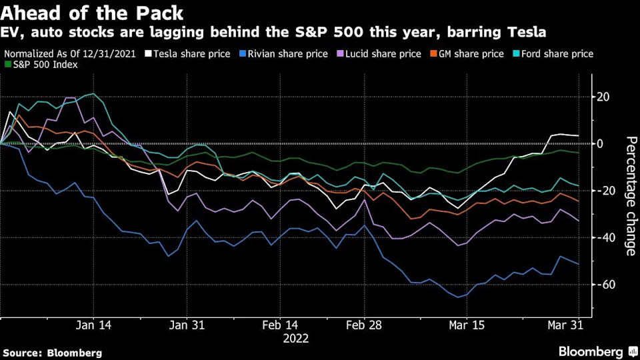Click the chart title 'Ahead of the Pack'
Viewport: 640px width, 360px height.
(x=93, y=13)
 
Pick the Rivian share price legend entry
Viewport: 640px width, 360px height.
(x=285, y=53)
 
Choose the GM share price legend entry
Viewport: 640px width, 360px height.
(x=462, y=53)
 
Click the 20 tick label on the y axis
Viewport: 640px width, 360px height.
(x=604, y=97)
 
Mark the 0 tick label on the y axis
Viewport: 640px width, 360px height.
(x=601, y=144)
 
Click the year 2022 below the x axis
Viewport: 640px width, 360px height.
(x=296, y=339)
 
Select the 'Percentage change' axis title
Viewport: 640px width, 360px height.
(x=630, y=196)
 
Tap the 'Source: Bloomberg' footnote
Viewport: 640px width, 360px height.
(x=53, y=353)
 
